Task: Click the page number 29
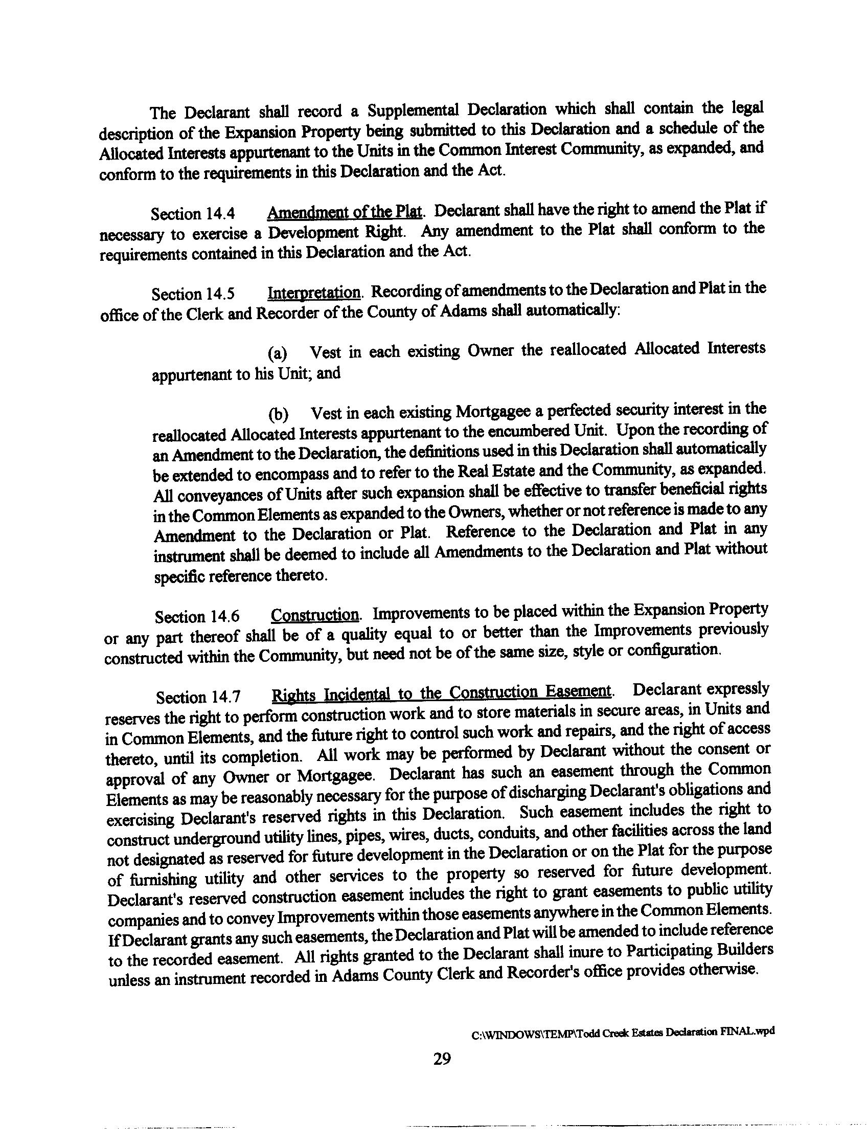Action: pyautogui.click(x=442, y=1059)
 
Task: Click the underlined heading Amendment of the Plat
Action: pyautogui.click(x=345, y=212)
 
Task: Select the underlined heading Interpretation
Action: pyautogui.click(x=314, y=292)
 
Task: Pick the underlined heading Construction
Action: pyautogui.click(x=315, y=615)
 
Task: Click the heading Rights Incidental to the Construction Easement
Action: pyautogui.click(x=442, y=693)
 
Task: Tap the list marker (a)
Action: pyautogui.click(x=277, y=354)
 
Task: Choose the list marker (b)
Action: pyautogui.click(x=278, y=414)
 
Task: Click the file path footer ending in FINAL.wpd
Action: pyautogui.click(x=623, y=1032)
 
